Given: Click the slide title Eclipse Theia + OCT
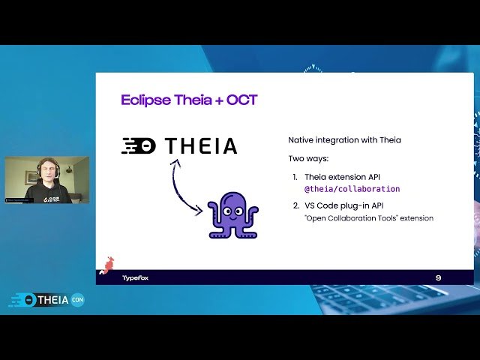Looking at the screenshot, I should [189, 100].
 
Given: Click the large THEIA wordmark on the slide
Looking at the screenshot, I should [201, 145].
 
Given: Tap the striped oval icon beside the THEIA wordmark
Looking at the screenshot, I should [139, 146].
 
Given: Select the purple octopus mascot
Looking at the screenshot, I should [232, 214].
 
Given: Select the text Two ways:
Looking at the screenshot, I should [307, 158].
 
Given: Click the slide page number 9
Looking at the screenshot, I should [438, 277].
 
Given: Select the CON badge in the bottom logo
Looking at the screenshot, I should [77, 300].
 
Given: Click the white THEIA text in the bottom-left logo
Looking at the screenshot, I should [52, 300].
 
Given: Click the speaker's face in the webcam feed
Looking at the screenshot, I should [48, 172].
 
